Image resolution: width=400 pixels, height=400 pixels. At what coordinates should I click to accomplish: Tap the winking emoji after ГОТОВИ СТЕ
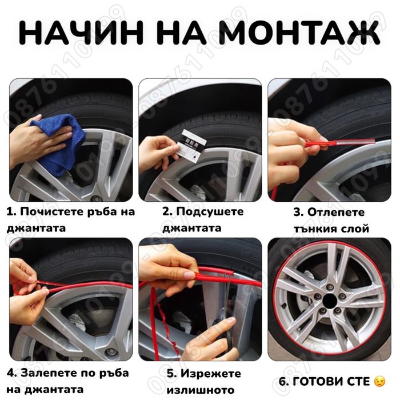point(379,381)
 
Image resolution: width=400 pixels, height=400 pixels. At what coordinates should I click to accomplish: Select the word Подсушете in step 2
point(210,211)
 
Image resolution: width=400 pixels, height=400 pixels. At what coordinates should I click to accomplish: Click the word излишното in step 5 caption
point(200,390)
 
